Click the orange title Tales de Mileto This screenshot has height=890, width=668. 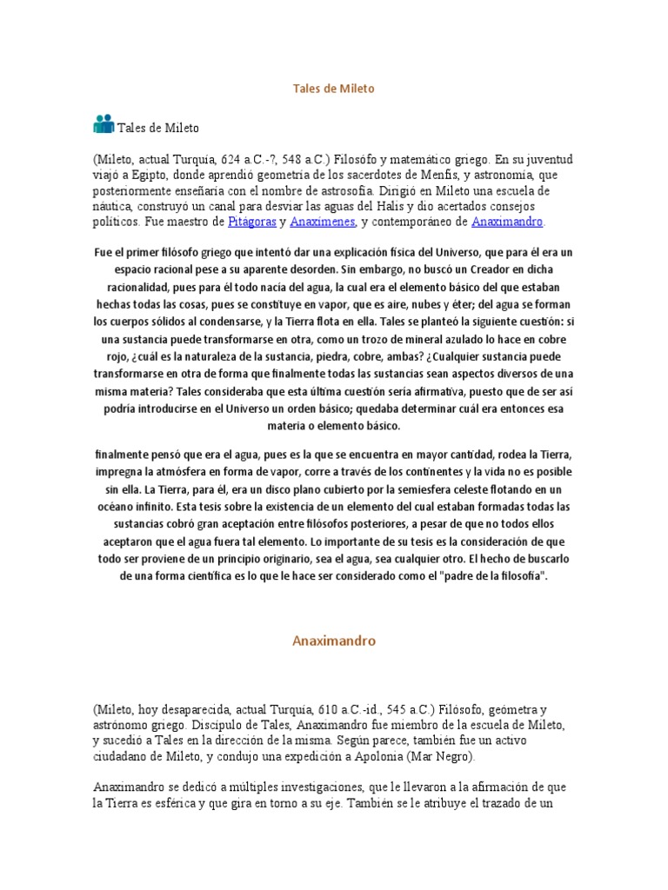333,89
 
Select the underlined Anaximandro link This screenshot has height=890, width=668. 507,222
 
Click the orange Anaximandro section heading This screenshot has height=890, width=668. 333,641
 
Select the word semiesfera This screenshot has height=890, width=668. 406,488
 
